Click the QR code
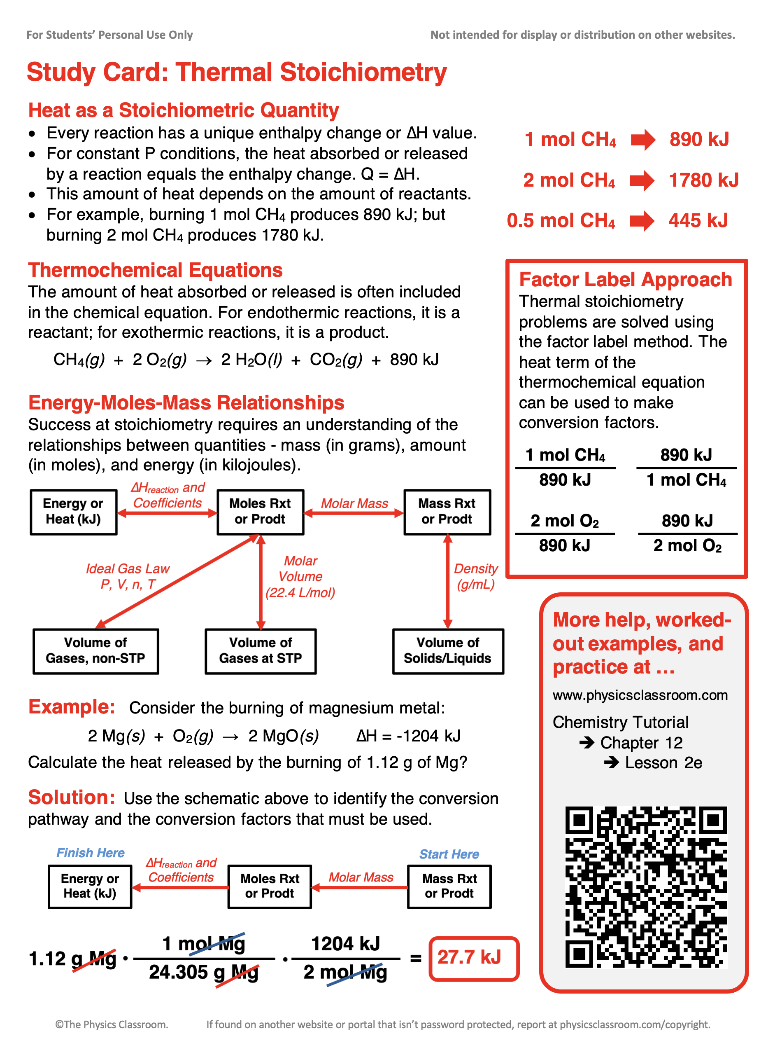click(646, 887)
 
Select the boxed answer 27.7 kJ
click(473, 959)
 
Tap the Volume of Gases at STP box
click(261, 651)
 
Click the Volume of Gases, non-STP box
click(95, 651)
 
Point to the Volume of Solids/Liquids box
click(448, 651)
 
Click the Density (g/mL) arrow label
click(476, 576)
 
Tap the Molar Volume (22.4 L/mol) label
click(300, 577)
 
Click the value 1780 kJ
click(703, 180)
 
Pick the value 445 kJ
click(698, 221)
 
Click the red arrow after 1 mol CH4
click(643, 140)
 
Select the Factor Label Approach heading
click(625, 280)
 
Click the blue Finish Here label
click(91, 853)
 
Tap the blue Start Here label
click(449, 854)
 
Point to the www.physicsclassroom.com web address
click(640, 695)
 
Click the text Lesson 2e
click(663, 763)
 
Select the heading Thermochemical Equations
click(155, 271)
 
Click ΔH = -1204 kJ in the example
click(408, 736)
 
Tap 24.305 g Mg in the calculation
click(204, 972)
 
